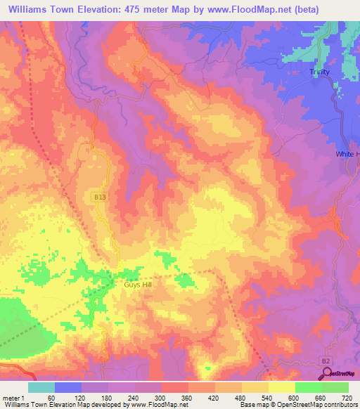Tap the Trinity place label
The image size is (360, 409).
tap(320, 72)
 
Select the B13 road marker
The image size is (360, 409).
tap(100, 198)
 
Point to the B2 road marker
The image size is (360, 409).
tap(325, 361)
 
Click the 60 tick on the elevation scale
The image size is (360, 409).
tap(51, 397)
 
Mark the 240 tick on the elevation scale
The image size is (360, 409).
tap(134, 397)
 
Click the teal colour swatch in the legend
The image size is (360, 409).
tap(41, 387)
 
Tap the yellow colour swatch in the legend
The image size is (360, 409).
tap(281, 387)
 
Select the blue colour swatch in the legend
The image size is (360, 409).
tap(68, 387)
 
